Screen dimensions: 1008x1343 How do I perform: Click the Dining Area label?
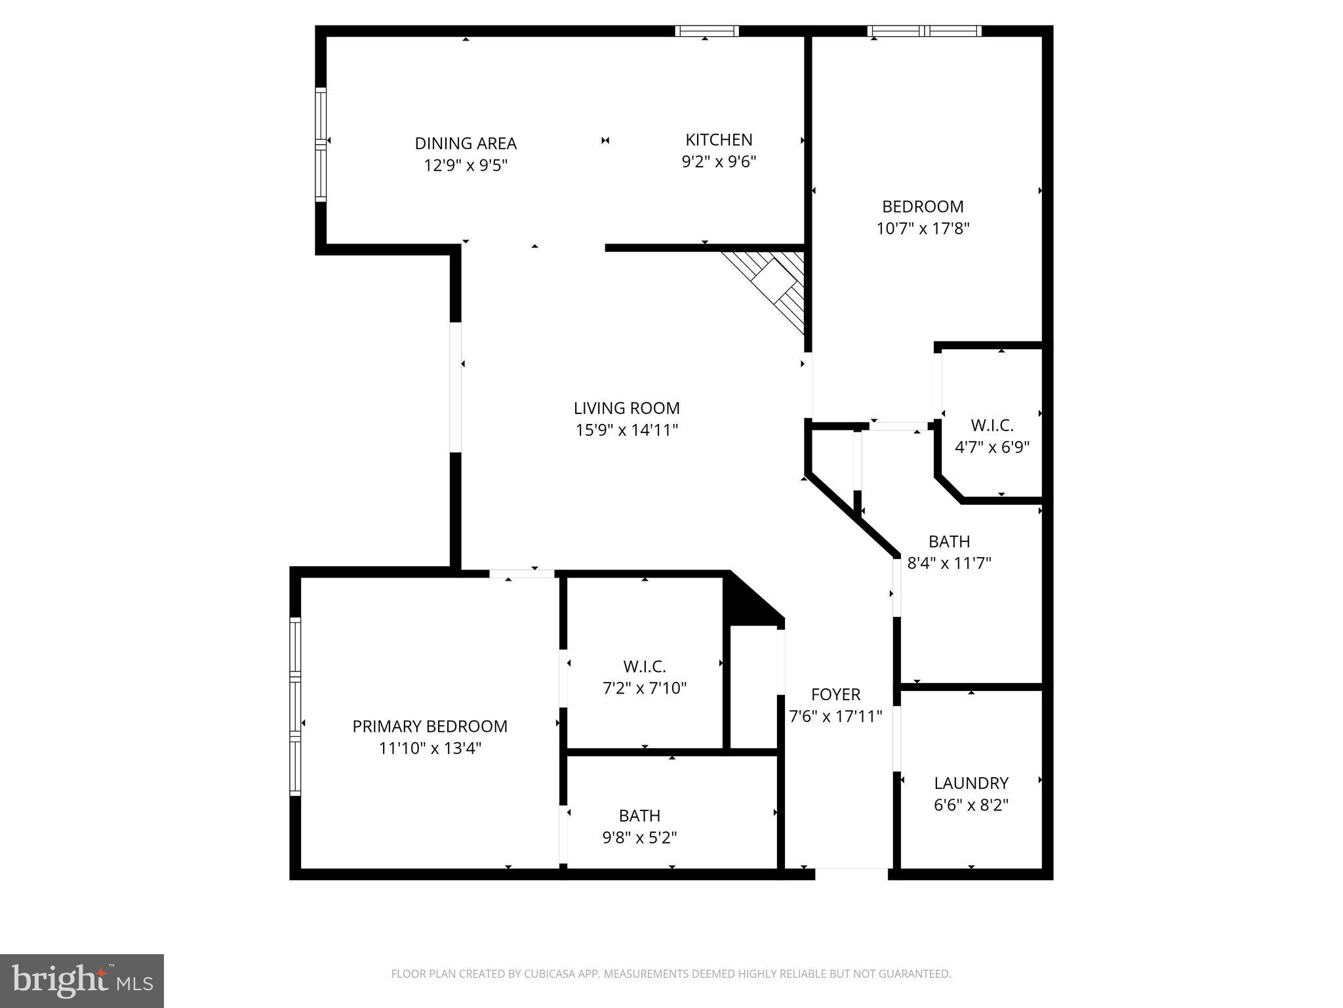(466, 143)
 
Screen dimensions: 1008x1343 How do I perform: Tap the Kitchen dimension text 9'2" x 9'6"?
(719, 161)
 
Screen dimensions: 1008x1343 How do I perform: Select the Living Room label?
(626, 408)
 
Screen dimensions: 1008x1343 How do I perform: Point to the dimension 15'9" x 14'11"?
(626, 430)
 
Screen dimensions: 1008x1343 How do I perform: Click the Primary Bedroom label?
(430, 726)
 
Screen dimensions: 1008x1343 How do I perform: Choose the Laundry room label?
(971, 783)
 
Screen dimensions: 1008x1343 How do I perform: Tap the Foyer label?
(835, 694)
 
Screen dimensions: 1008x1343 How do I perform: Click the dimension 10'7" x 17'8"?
(923, 228)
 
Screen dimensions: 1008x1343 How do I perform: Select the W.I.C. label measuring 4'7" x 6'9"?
(992, 426)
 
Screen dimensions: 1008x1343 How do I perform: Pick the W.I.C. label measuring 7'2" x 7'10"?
(645, 667)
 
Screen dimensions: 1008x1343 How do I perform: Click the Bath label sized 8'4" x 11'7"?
(949, 541)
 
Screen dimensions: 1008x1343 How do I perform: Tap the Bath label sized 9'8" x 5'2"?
(639, 816)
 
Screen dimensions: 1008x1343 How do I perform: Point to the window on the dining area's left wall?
(321, 144)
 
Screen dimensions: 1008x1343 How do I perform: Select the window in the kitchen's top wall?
(707, 31)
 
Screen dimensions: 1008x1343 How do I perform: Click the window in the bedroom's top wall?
(924, 31)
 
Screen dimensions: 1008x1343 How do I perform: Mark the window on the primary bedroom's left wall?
(295, 707)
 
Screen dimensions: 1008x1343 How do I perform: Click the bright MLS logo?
(82, 981)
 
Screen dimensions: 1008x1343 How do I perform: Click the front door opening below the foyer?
(851, 873)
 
